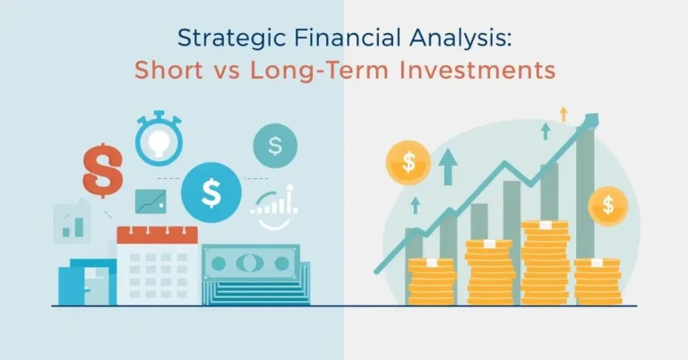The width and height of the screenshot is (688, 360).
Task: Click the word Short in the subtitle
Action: pos(168,70)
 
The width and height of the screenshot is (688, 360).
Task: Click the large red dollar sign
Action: pos(102,168)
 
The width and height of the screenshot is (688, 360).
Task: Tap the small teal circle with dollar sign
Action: pos(275,143)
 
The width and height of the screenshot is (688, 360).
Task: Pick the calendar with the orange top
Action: pos(157,265)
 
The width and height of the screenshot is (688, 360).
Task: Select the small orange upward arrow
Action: pos(563,113)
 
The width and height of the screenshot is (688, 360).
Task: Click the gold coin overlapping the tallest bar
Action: pos(609,207)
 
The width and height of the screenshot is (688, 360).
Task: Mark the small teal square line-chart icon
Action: pos(150,201)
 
